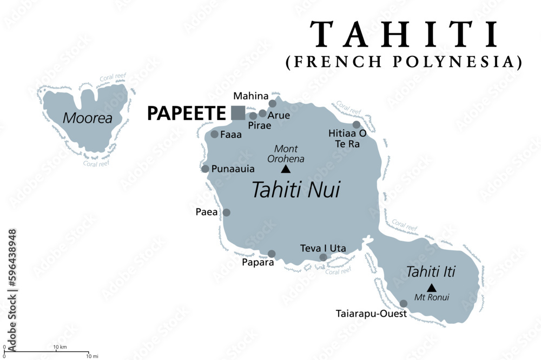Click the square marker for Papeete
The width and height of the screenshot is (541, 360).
click(237, 112)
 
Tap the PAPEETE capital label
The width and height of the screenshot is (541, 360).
click(186, 113)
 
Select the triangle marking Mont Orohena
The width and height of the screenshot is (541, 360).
click(285, 169)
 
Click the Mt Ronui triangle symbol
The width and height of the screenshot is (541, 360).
click(431, 288)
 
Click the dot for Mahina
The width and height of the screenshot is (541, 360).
click(272, 104)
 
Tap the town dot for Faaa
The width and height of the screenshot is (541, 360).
click(215, 134)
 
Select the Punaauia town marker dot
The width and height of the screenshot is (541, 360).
click(206, 169)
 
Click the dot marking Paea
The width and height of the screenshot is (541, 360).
click(227, 212)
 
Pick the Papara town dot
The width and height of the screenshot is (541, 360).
click(272, 254)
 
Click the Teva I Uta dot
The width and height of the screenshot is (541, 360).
click(323, 257)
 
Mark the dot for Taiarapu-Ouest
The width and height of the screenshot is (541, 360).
click(404, 303)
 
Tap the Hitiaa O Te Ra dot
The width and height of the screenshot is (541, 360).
click(357, 125)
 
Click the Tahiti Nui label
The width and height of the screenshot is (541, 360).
click(296, 190)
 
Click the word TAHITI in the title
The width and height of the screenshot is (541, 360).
click(404, 35)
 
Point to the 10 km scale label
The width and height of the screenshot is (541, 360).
click(60, 346)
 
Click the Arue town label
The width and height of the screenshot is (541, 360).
click(279, 115)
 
